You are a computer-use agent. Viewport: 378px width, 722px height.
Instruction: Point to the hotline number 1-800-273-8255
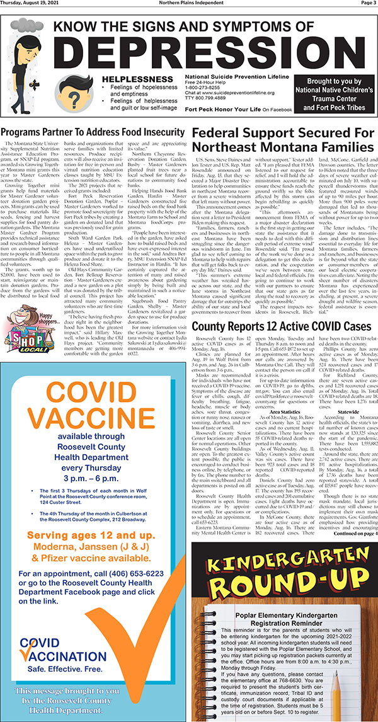pos(203,88)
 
